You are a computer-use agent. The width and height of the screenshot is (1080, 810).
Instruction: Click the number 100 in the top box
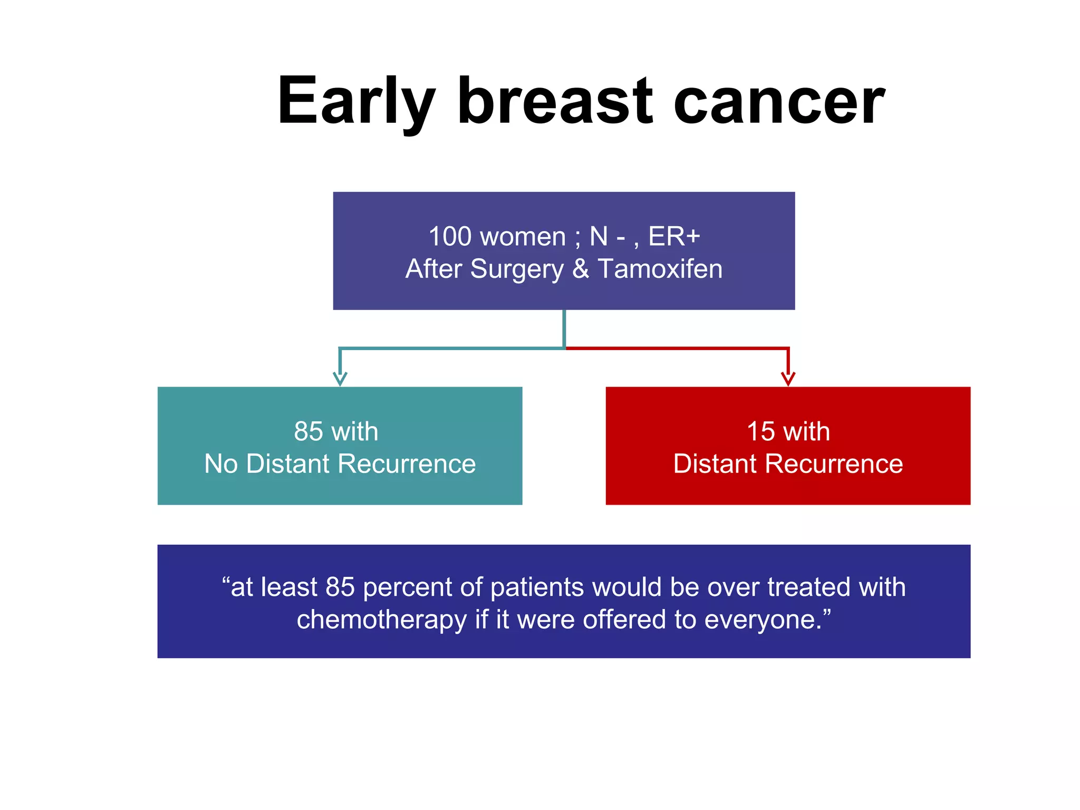click(x=450, y=236)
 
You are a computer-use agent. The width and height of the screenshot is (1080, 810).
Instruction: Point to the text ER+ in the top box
click(x=674, y=236)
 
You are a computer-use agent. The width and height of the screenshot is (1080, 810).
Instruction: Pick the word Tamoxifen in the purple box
click(x=660, y=269)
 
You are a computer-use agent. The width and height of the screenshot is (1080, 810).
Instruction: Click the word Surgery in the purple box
click(x=517, y=269)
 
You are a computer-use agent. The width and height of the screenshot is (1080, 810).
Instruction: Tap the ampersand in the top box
click(x=580, y=269)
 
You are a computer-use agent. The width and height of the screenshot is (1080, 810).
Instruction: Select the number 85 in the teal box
click(x=308, y=431)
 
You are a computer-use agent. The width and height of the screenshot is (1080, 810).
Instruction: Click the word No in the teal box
click(x=221, y=464)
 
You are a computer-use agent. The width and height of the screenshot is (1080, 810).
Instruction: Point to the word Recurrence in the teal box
click(x=407, y=464)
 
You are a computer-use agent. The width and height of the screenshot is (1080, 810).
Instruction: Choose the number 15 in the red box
click(x=761, y=431)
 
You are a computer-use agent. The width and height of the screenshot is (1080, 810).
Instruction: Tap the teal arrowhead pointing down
click(x=340, y=379)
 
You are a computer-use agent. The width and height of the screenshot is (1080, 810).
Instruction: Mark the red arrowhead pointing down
click(x=788, y=379)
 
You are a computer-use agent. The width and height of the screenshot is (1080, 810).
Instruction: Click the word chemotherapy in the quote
click(x=381, y=620)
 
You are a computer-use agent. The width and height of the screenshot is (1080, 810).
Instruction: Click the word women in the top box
click(x=522, y=236)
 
